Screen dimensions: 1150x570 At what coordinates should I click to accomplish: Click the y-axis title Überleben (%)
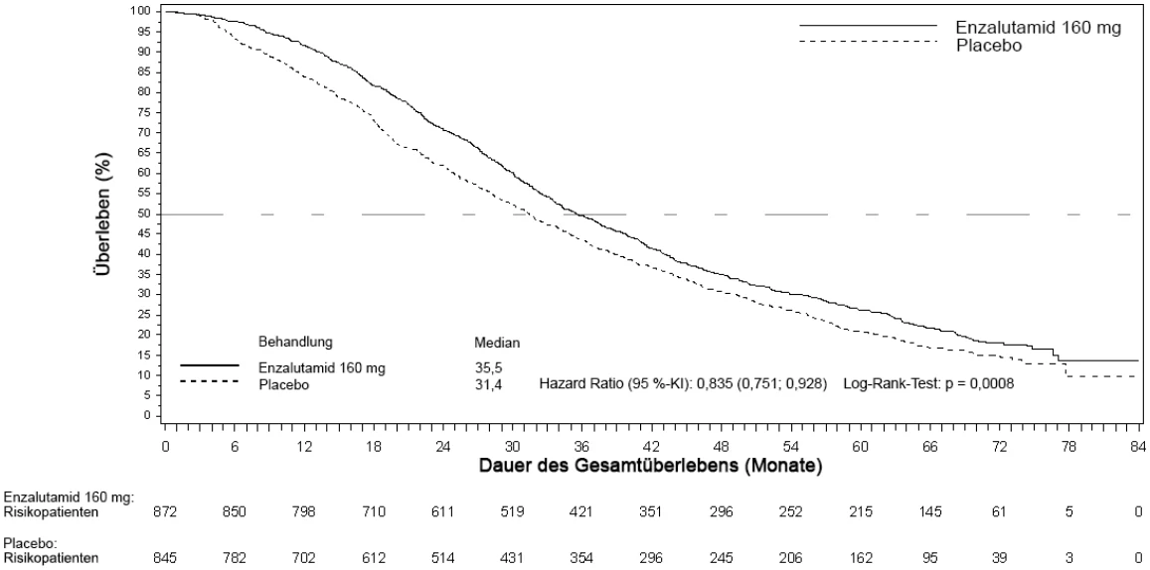tap(105, 214)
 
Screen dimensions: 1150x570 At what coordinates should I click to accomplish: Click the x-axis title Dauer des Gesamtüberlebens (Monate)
tap(649, 465)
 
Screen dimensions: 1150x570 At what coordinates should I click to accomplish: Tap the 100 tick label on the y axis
tap(141, 11)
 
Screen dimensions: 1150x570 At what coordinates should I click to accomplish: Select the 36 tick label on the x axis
tap(582, 446)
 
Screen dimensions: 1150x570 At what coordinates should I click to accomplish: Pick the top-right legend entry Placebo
tap(989, 45)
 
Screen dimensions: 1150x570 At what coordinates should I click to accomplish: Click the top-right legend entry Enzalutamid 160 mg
tap(1038, 27)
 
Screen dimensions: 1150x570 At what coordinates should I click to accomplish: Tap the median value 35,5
tap(489, 368)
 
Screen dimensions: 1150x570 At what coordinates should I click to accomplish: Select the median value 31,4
tap(489, 384)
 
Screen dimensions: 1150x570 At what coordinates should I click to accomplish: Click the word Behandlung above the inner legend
tap(295, 343)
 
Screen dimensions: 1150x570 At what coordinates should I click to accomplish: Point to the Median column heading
tap(498, 343)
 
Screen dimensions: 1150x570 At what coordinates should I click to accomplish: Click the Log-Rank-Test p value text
tap(929, 384)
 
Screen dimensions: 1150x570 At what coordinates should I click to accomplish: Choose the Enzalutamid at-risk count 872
tap(164, 512)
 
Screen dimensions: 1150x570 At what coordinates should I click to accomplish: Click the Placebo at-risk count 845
tap(164, 557)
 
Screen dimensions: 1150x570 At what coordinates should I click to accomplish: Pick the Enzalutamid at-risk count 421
tap(581, 512)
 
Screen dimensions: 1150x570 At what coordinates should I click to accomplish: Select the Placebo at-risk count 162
tap(861, 557)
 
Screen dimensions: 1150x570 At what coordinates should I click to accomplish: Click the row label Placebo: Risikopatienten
tap(51, 551)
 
